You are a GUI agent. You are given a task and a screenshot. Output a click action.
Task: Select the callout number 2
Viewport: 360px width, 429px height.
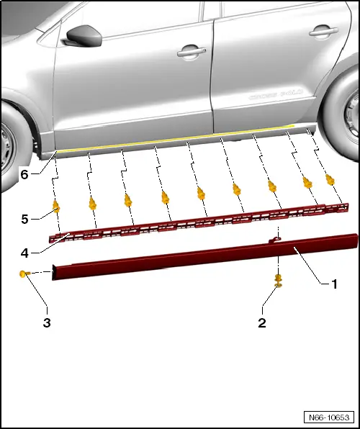click(x=263, y=323)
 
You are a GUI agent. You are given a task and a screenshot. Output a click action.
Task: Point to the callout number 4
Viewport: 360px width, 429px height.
click(x=25, y=253)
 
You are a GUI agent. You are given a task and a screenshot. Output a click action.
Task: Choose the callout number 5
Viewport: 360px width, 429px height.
click(x=25, y=218)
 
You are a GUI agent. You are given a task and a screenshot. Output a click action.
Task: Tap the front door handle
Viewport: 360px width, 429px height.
click(x=191, y=52)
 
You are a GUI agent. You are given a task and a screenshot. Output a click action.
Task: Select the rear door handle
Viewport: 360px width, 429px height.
click(x=323, y=32)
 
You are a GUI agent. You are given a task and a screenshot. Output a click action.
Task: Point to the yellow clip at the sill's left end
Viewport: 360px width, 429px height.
click(x=24, y=274)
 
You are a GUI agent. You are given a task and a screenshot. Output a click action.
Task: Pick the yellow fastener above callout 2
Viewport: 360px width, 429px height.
click(x=277, y=280)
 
